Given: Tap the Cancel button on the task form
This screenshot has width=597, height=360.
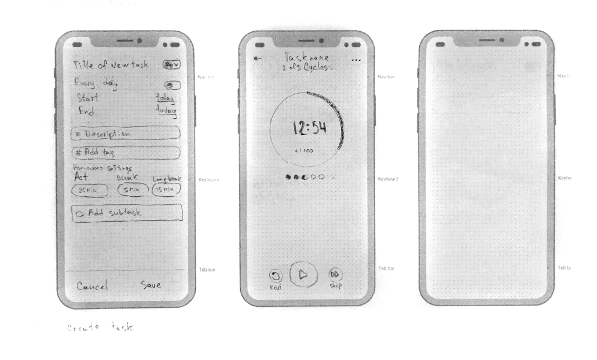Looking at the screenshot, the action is [x=92, y=286].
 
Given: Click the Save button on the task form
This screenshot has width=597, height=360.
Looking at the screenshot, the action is [x=151, y=285].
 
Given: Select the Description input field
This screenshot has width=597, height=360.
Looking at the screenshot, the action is [x=125, y=133].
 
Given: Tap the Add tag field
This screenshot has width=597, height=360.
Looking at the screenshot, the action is [x=125, y=153].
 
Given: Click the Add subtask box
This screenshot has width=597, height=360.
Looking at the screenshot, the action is [x=127, y=212].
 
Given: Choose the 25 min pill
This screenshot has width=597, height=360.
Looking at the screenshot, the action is [x=87, y=190].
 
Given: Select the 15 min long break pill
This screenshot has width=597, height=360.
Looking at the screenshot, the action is [x=166, y=190].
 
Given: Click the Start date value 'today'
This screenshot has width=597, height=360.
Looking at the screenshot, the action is [x=166, y=98].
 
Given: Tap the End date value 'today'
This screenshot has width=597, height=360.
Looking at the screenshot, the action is [x=167, y=111].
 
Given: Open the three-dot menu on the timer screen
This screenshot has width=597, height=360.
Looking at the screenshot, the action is [x=356, y=60].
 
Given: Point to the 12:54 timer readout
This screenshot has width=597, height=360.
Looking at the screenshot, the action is [x=309, y=128].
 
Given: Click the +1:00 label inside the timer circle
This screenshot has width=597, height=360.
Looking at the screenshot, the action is [x=303, y=150].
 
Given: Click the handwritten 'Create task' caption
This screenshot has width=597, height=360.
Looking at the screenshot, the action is [x=100, y=328].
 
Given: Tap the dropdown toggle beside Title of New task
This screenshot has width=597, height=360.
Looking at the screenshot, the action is [x=171, y=64].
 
